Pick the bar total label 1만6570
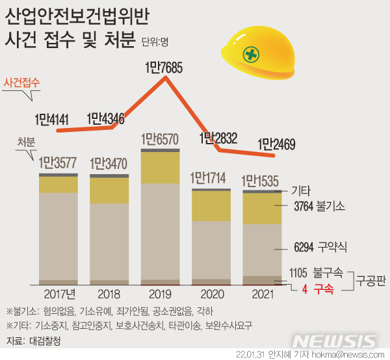pos(160,138)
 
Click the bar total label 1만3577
pos(58,162)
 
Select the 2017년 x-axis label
pos(58,293)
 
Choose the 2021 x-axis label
pos(262,293)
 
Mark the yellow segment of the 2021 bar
pos(262,209)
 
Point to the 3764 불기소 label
pos(318,206)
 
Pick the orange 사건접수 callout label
pos(22,83)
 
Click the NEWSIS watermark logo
pos(335,341)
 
